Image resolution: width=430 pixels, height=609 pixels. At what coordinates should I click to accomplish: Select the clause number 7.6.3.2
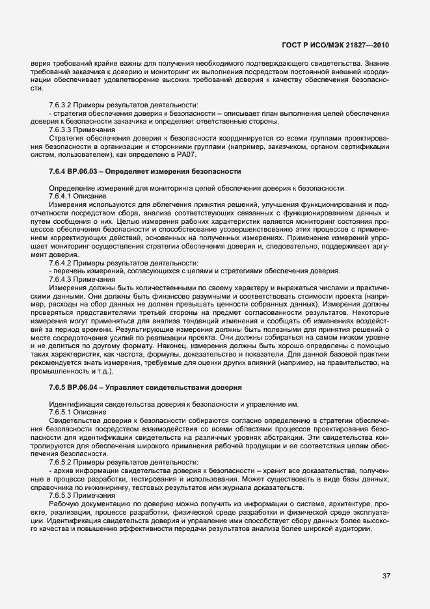coord(63,105)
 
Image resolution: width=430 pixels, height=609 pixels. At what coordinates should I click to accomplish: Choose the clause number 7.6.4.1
coord(63,196)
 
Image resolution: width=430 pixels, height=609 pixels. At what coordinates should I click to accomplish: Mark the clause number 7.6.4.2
coord(63,263)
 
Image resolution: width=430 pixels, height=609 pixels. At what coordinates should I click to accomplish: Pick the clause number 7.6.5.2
coord(63,461)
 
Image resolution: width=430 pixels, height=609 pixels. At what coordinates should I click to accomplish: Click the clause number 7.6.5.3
coord(63,494)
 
